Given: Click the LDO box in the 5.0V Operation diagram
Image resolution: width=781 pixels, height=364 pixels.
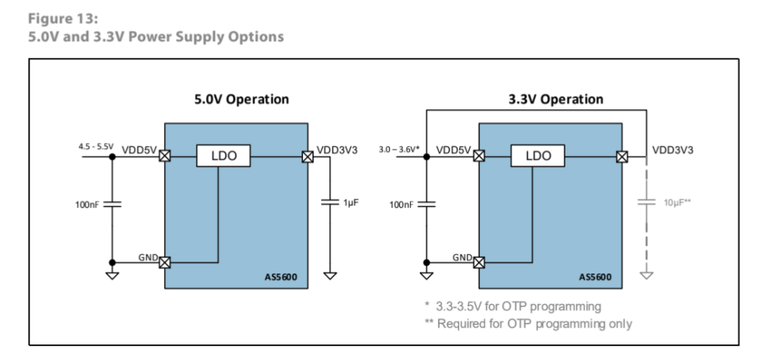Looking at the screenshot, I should point(223,156).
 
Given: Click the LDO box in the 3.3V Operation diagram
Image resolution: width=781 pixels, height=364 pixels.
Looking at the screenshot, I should point(538,156).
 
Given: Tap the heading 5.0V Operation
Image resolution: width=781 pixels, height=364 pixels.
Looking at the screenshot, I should point(241,99).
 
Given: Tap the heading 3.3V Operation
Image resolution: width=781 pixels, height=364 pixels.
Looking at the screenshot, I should point(555,99).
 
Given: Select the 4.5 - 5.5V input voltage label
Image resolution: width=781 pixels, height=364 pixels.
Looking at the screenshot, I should point(96,146).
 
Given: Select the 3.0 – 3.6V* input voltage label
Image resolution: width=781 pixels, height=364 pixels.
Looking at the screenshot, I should point(399,148).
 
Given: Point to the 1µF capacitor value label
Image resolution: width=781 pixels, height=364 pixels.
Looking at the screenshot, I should point(350,202).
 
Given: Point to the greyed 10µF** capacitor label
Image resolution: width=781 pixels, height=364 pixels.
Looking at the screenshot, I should point(677,202).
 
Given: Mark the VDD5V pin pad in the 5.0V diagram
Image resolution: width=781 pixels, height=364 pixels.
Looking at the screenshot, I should point(165,156).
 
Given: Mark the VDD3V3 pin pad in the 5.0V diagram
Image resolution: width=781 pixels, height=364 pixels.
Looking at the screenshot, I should point(308,156).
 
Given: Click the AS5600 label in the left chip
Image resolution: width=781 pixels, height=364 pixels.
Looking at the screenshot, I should point(281,277).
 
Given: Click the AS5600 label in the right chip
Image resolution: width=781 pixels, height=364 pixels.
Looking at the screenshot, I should point(595,277).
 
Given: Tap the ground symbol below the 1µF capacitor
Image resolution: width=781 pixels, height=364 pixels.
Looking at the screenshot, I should point(330,274).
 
